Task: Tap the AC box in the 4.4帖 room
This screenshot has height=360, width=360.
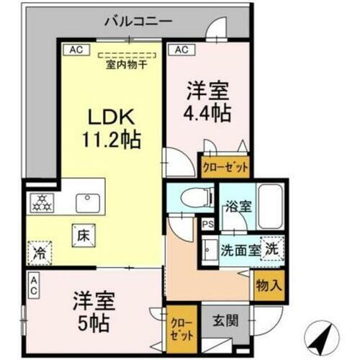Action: [x=181, y=50]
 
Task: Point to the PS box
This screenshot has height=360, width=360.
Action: [x=207, y=224]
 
